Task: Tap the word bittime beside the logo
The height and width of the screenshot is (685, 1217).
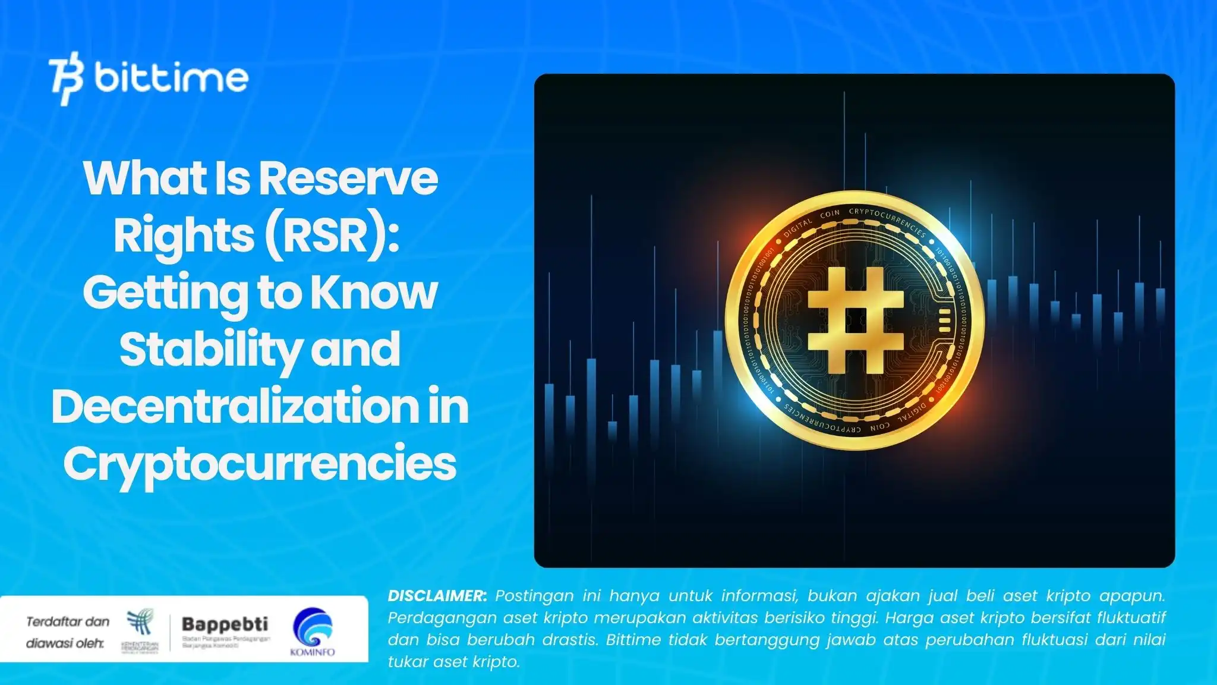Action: point(171,78)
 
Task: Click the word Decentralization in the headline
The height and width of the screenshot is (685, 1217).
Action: point(235,406)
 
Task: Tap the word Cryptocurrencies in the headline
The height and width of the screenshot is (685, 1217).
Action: point(260,464)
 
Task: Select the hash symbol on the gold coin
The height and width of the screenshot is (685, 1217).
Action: point(856,320)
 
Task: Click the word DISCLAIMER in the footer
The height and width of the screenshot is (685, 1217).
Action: point(437,596)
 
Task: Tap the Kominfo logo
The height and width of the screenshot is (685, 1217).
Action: point(313,631)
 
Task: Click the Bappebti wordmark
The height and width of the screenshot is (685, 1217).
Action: point(225,624)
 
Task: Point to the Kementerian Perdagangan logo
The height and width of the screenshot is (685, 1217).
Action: point(140,630)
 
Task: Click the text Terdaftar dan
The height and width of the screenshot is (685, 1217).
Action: point(68,621)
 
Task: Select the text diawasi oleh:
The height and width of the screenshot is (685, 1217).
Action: point(65,643)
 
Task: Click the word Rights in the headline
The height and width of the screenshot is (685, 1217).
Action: point(184,235)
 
